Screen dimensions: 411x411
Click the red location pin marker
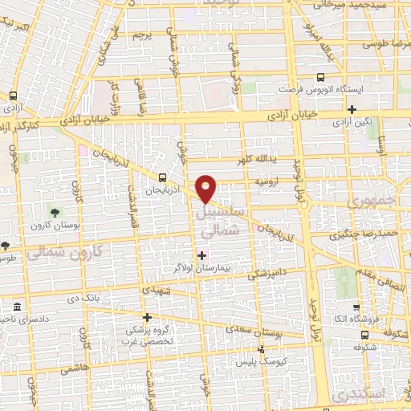click(x=207, y=188)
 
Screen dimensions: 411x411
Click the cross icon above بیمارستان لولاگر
click(x=201, y=254)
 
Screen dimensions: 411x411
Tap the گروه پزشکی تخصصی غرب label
click(x=146, y=336)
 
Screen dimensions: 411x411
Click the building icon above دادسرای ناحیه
click(x=18, y=307)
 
